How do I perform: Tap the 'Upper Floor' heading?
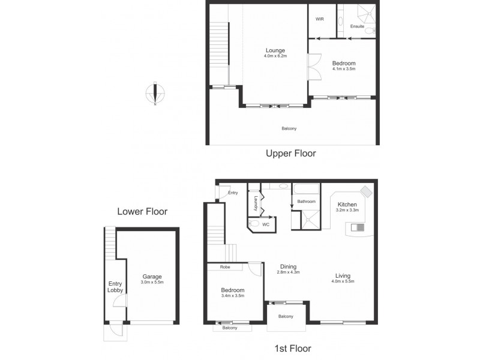tap(290, 154)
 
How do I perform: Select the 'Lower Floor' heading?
tap(142, 211)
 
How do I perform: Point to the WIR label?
tap(319, 19)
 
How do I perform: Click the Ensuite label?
tap(357, 26)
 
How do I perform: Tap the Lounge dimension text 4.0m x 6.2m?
tap(276, 56)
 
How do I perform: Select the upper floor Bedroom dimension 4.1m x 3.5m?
tap(344, 69)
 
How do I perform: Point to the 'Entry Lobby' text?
tap(115, 288)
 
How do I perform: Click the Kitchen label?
tap(347, 204)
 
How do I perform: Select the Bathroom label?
tap(306, 202)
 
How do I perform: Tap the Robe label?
tap(226, 267)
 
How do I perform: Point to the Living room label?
tap(343, 277)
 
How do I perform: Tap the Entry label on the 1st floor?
tap(233, 193)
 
